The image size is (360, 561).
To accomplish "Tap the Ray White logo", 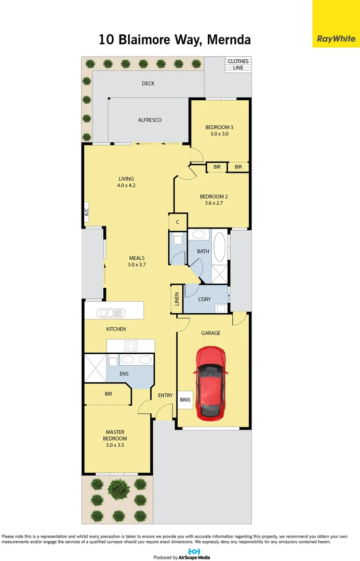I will tap(336, 38).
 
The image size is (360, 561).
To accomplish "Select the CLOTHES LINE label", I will tap(238, 64).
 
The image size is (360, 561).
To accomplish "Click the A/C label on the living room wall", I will tap(87, 212).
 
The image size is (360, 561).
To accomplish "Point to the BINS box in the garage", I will tap(185, 399).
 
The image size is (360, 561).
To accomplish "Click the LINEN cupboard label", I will tap(177, 299).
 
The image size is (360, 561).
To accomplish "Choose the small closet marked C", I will tap(178, 222).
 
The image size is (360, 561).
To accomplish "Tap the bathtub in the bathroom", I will tap(220, 246).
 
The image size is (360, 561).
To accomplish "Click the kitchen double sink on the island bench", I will tap(113, 313).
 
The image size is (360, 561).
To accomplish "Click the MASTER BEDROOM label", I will tap(115, 435).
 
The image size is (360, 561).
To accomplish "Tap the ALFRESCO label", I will tap(150, 120).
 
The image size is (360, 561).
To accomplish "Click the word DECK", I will tap(148, 84).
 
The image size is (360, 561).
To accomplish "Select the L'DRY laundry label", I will tap(204, 299).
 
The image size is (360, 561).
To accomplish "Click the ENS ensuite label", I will tap(124, 373).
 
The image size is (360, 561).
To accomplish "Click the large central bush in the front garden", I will tap(118, 488).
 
